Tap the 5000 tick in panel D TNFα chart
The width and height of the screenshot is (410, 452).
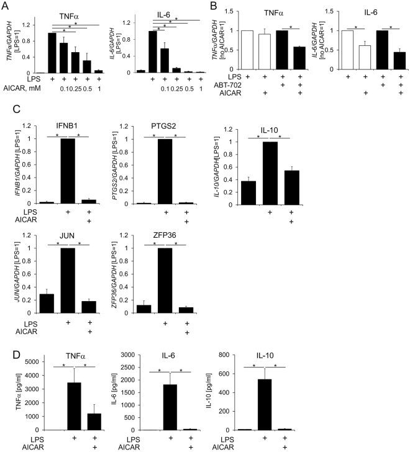pyautogui.click(x=31, y=361)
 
